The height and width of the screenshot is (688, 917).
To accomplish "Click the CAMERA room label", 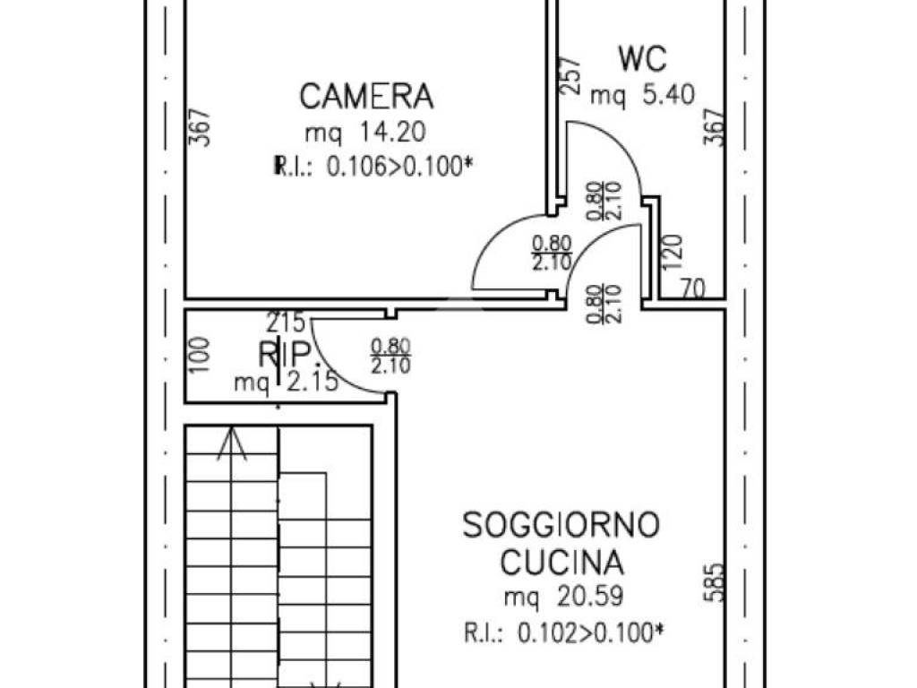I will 366,95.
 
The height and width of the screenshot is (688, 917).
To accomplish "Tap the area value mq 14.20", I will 364,133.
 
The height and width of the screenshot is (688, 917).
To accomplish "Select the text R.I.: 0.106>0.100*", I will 370,165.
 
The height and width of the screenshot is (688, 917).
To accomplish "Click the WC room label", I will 643,59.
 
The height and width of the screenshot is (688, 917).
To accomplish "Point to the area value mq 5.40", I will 643,95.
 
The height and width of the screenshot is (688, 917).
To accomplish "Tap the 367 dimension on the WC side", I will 713,128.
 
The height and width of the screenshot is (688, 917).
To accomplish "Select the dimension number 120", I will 675,253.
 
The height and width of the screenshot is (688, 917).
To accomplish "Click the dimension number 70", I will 690,288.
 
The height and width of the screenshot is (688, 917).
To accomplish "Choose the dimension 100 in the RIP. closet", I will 201,355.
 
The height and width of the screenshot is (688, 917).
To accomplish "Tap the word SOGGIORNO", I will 561,525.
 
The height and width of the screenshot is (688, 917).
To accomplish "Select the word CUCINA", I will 561,563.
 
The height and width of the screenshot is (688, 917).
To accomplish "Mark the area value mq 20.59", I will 561,597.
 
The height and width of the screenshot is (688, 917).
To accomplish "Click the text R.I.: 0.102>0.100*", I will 564,633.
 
